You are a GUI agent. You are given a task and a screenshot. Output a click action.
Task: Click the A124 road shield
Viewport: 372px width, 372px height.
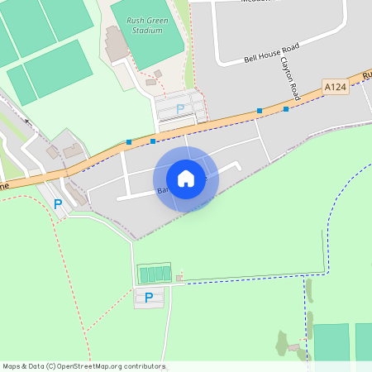[335, 87]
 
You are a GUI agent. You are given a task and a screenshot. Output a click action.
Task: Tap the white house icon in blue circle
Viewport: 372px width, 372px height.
[186, 179]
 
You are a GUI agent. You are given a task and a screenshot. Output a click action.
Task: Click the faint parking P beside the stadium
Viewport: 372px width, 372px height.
[181, 109]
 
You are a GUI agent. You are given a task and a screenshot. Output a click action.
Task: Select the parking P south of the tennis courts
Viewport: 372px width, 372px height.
[149, 298]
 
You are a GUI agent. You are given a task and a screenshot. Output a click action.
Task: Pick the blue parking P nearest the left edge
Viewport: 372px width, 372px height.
[58, 203]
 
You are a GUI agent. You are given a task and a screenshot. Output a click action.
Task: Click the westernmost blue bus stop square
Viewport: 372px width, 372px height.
[129, 142]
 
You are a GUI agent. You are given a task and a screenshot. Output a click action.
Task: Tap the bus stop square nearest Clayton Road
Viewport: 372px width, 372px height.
[286, 108]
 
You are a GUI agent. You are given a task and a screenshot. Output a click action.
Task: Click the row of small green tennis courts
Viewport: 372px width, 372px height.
[155, 274]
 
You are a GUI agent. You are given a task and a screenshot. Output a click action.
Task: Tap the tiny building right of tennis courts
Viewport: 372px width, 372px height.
[179, 278]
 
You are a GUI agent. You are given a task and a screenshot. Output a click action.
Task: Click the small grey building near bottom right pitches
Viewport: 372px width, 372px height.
[293, 348]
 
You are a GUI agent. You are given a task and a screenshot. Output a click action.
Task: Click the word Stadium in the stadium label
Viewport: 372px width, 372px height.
[147, 31]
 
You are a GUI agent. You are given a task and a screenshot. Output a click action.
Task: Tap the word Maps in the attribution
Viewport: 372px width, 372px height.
[12, 366]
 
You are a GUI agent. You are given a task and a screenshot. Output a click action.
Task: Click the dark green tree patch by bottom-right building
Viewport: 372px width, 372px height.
[283, 341]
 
